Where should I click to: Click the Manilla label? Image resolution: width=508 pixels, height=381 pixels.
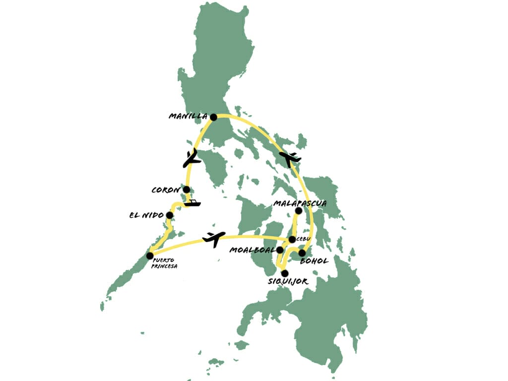point(188,117)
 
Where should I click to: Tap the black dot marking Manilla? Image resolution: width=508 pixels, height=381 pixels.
point(213,117)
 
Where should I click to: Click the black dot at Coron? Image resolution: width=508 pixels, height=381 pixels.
point(186,190)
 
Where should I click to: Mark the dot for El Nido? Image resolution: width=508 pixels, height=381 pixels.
point(170,215)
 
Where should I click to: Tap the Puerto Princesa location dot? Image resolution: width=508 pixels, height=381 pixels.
point(150,255)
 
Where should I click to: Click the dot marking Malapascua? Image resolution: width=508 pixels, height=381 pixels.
point(299,211)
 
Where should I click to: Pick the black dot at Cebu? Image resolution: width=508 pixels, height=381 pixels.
point(292,240)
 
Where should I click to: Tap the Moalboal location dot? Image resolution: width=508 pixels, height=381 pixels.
point(280,250)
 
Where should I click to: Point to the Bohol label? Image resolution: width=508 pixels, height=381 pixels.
point(315,261)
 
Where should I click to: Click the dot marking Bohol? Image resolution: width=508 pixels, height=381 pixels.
point(302,253)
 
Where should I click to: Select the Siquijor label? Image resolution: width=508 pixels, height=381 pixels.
point(288,282)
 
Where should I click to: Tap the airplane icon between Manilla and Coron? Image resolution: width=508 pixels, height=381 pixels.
point(191,158)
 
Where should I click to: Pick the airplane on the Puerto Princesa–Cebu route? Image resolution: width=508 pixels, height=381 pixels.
point(214,239)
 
